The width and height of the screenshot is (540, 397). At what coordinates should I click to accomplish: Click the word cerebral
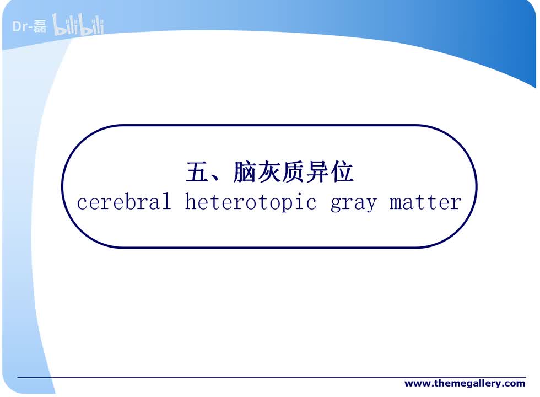tap(124, 202)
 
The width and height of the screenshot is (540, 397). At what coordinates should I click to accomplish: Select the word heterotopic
tap(251, 202)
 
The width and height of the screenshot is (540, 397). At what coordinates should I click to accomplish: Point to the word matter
tap(425, 202)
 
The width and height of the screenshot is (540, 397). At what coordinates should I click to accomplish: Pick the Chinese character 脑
tap(245, 173)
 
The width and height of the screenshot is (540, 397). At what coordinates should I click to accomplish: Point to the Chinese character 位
tap(342, 173)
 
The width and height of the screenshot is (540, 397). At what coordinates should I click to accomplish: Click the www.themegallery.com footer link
tap(465, 383)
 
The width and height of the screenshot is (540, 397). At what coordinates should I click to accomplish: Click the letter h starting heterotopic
tap(190, 202)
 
